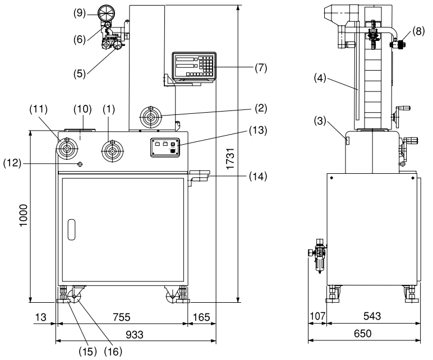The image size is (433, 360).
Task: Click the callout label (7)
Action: pyautogui.click(x=261, y=68)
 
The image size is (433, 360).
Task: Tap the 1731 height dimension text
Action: pyautogui.click(x=230, y=159)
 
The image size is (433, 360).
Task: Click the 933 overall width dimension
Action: pyautogui.click(x=135, y=335)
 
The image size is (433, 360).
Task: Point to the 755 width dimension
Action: pyautogui.click(x=122, y=317)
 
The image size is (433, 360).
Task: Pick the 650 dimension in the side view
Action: pyautogui.click(x=362, y=334)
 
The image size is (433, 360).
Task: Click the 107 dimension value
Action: pyautogui.click(x=317, y=316)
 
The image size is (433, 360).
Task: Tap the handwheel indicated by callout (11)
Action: pyautogui.click(x=67, y=149)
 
